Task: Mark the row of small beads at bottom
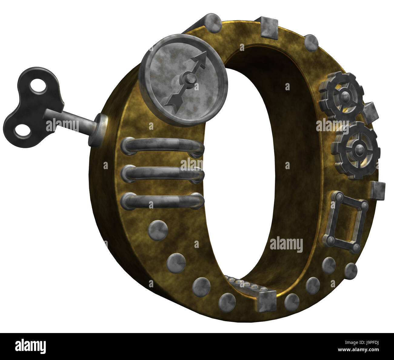pos(242,283)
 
